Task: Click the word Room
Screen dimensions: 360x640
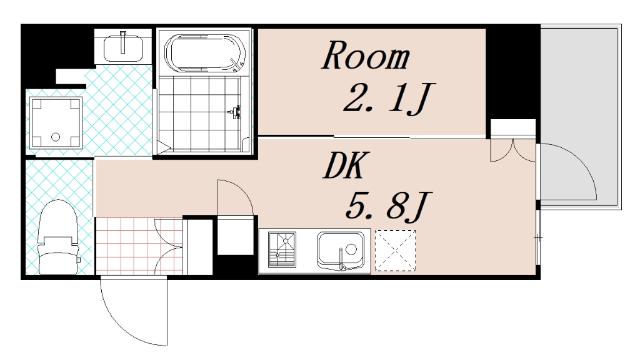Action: click(365, 56)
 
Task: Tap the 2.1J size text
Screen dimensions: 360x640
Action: click(387, 100)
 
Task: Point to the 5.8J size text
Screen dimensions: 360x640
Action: click(388, 209)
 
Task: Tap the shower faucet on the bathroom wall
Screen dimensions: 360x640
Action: click(238, 112)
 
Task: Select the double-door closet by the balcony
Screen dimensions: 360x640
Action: click(512, 150)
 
